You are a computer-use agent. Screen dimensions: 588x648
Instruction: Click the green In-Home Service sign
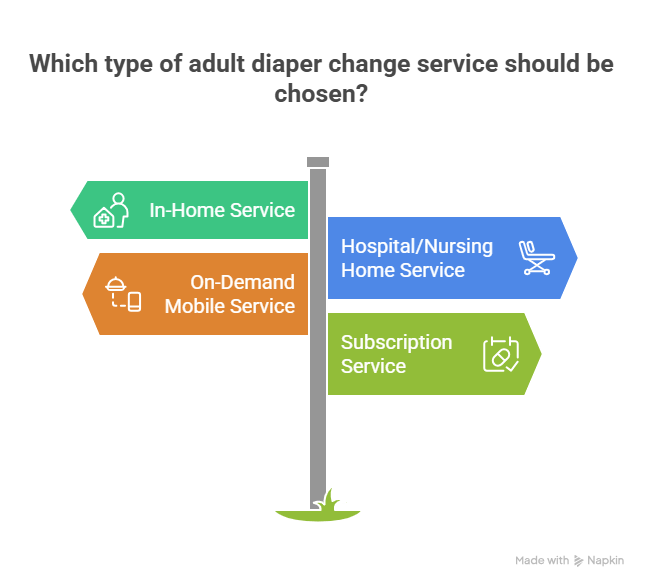tap(190, 210)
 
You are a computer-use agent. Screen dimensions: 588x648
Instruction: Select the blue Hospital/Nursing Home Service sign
tap(450, 258)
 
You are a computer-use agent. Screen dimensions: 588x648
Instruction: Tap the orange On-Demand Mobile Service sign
tap(195, 294)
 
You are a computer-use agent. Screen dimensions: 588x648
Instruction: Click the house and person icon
tap(111, 211)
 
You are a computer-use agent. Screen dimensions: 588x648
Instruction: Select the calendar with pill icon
tap(501, 354)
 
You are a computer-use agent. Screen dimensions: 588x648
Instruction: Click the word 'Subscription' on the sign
tap(396, 342)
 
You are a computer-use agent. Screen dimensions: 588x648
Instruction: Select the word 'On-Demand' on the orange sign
tap(243, 282)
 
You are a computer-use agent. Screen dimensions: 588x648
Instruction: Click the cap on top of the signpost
tap(318, 161)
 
